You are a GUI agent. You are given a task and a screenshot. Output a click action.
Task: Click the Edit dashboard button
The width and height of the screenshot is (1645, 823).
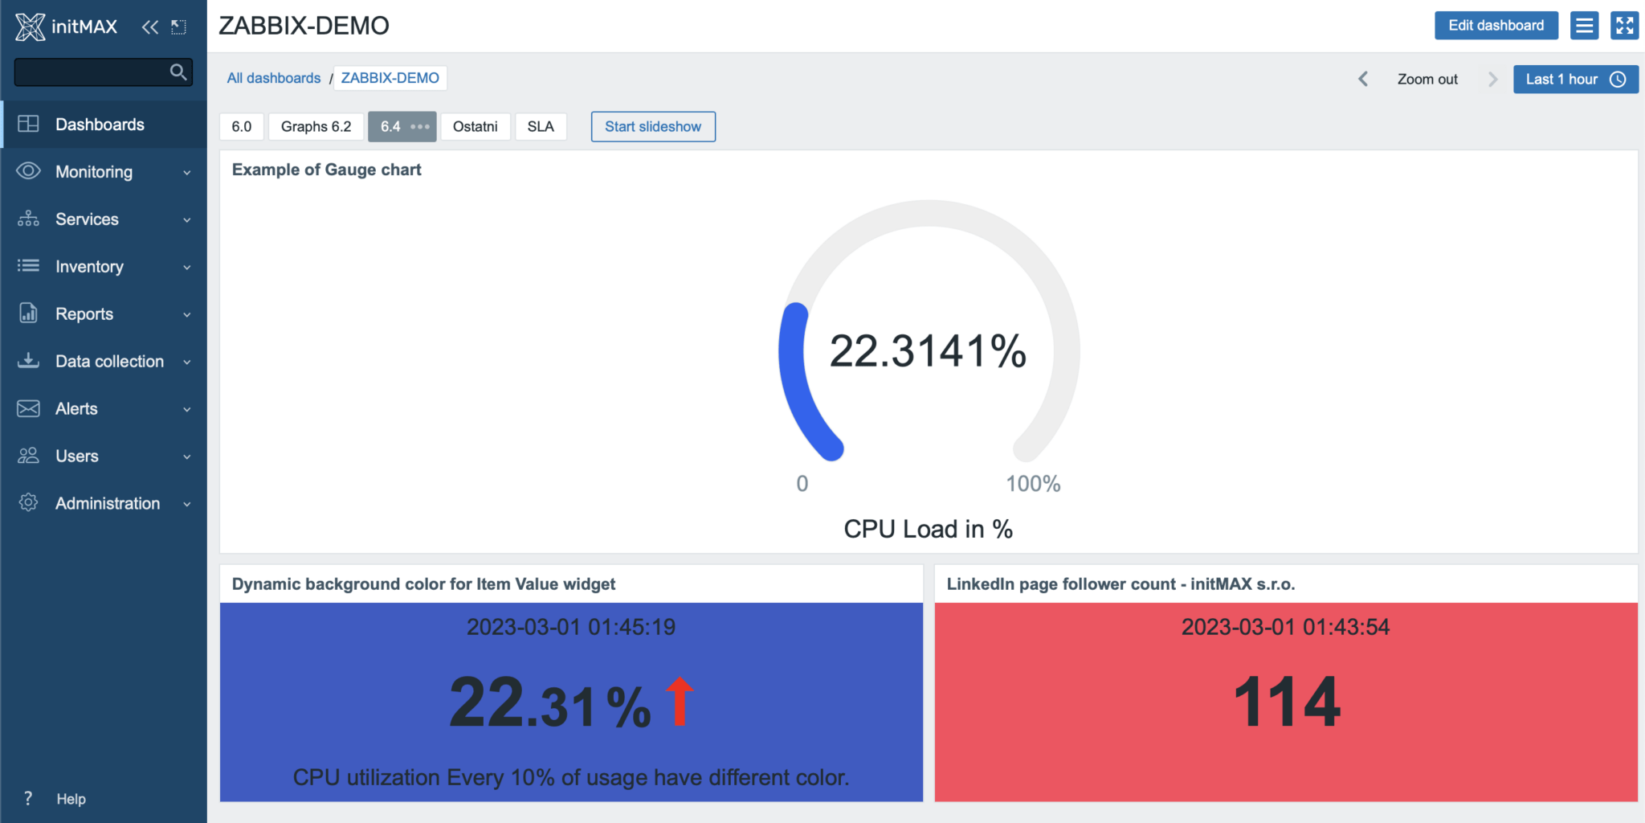(x=1496, y=26)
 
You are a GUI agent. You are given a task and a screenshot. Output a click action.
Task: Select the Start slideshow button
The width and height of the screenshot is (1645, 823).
(x=652, y=127)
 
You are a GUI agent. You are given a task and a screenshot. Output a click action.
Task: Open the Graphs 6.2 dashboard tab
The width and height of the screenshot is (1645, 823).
(x=316, y=127)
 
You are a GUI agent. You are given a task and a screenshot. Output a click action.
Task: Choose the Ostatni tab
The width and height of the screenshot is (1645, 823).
(x=475, y=127)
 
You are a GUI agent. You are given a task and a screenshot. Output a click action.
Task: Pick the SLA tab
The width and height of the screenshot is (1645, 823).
(x=541, y=127)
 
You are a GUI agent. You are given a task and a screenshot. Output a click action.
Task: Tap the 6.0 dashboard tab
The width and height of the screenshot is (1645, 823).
(x=241, y=127)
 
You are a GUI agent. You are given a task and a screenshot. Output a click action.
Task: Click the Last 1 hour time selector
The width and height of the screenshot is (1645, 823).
(x=1575, y=80)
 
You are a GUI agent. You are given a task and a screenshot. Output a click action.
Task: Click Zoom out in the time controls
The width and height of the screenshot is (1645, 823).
(x=1427, y=80)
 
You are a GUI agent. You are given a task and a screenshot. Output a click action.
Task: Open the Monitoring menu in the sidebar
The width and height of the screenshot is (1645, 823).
(x=94, y=172)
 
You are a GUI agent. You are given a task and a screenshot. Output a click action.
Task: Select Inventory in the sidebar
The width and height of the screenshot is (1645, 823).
(x=89, y=267)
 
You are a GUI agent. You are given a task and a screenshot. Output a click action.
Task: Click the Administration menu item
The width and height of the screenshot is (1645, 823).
(x=108, y=504)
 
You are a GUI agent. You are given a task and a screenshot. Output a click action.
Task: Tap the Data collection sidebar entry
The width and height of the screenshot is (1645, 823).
(x=109, y=362)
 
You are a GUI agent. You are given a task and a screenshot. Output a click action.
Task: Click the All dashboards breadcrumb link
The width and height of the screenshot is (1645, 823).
(x=273, y=78)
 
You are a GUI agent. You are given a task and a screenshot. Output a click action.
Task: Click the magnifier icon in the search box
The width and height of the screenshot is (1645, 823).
(x=178, y=72)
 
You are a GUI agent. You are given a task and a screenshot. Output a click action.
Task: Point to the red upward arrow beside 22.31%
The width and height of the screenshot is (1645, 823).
(x=680, y=701)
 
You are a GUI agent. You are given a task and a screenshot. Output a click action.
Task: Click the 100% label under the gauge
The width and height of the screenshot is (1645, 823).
(x=1033, y=484)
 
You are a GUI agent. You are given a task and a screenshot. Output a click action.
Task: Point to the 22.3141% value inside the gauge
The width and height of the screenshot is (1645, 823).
(x=928, y=351)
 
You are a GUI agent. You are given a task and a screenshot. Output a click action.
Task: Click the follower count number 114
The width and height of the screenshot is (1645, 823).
(x=1286, y=702)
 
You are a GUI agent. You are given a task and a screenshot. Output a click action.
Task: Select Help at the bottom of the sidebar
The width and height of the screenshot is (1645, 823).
(x=71, y=799)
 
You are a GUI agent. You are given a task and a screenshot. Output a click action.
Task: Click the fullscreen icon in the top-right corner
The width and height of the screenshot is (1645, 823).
(x=1624, y=26)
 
